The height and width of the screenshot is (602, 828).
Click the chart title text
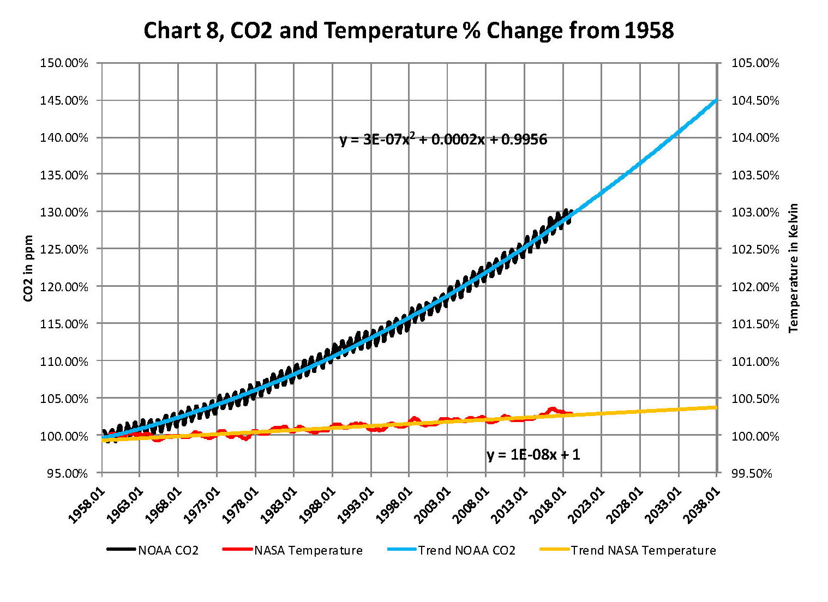pyautogui.click(x=409, y=31)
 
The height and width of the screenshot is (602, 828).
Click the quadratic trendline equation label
pyautogui.click(x=443, y=140)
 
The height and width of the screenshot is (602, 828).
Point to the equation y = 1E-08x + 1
pyautogui.click(x=533, y=454)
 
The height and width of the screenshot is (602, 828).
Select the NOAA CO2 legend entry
pyautogui.click(x=153, y=550)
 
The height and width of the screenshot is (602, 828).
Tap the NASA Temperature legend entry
pyautogui.click(x=293, y=550)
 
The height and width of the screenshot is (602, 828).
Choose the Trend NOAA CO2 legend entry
pyautogui.click(x=452, y=550)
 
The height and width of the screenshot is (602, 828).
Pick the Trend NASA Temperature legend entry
pyautogui.click(x=628, y=550)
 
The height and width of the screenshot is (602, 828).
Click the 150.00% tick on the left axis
pyautogui.click(x=64, y=63)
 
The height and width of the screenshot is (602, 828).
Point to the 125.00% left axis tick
pyautogui.click(x=64, y=249)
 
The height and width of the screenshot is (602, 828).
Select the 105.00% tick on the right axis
pyautogui.click(x=755, y=63)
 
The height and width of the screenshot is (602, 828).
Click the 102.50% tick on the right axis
pyautogui.click(x=755, y=249)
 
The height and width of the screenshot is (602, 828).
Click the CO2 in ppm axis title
pyautogui.click(x=28, y=268)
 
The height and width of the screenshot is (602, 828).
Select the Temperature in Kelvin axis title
pyautogui.click(x=794, y=268)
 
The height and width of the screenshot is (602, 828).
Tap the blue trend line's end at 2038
pyautogui.click(x=716, y=100)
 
